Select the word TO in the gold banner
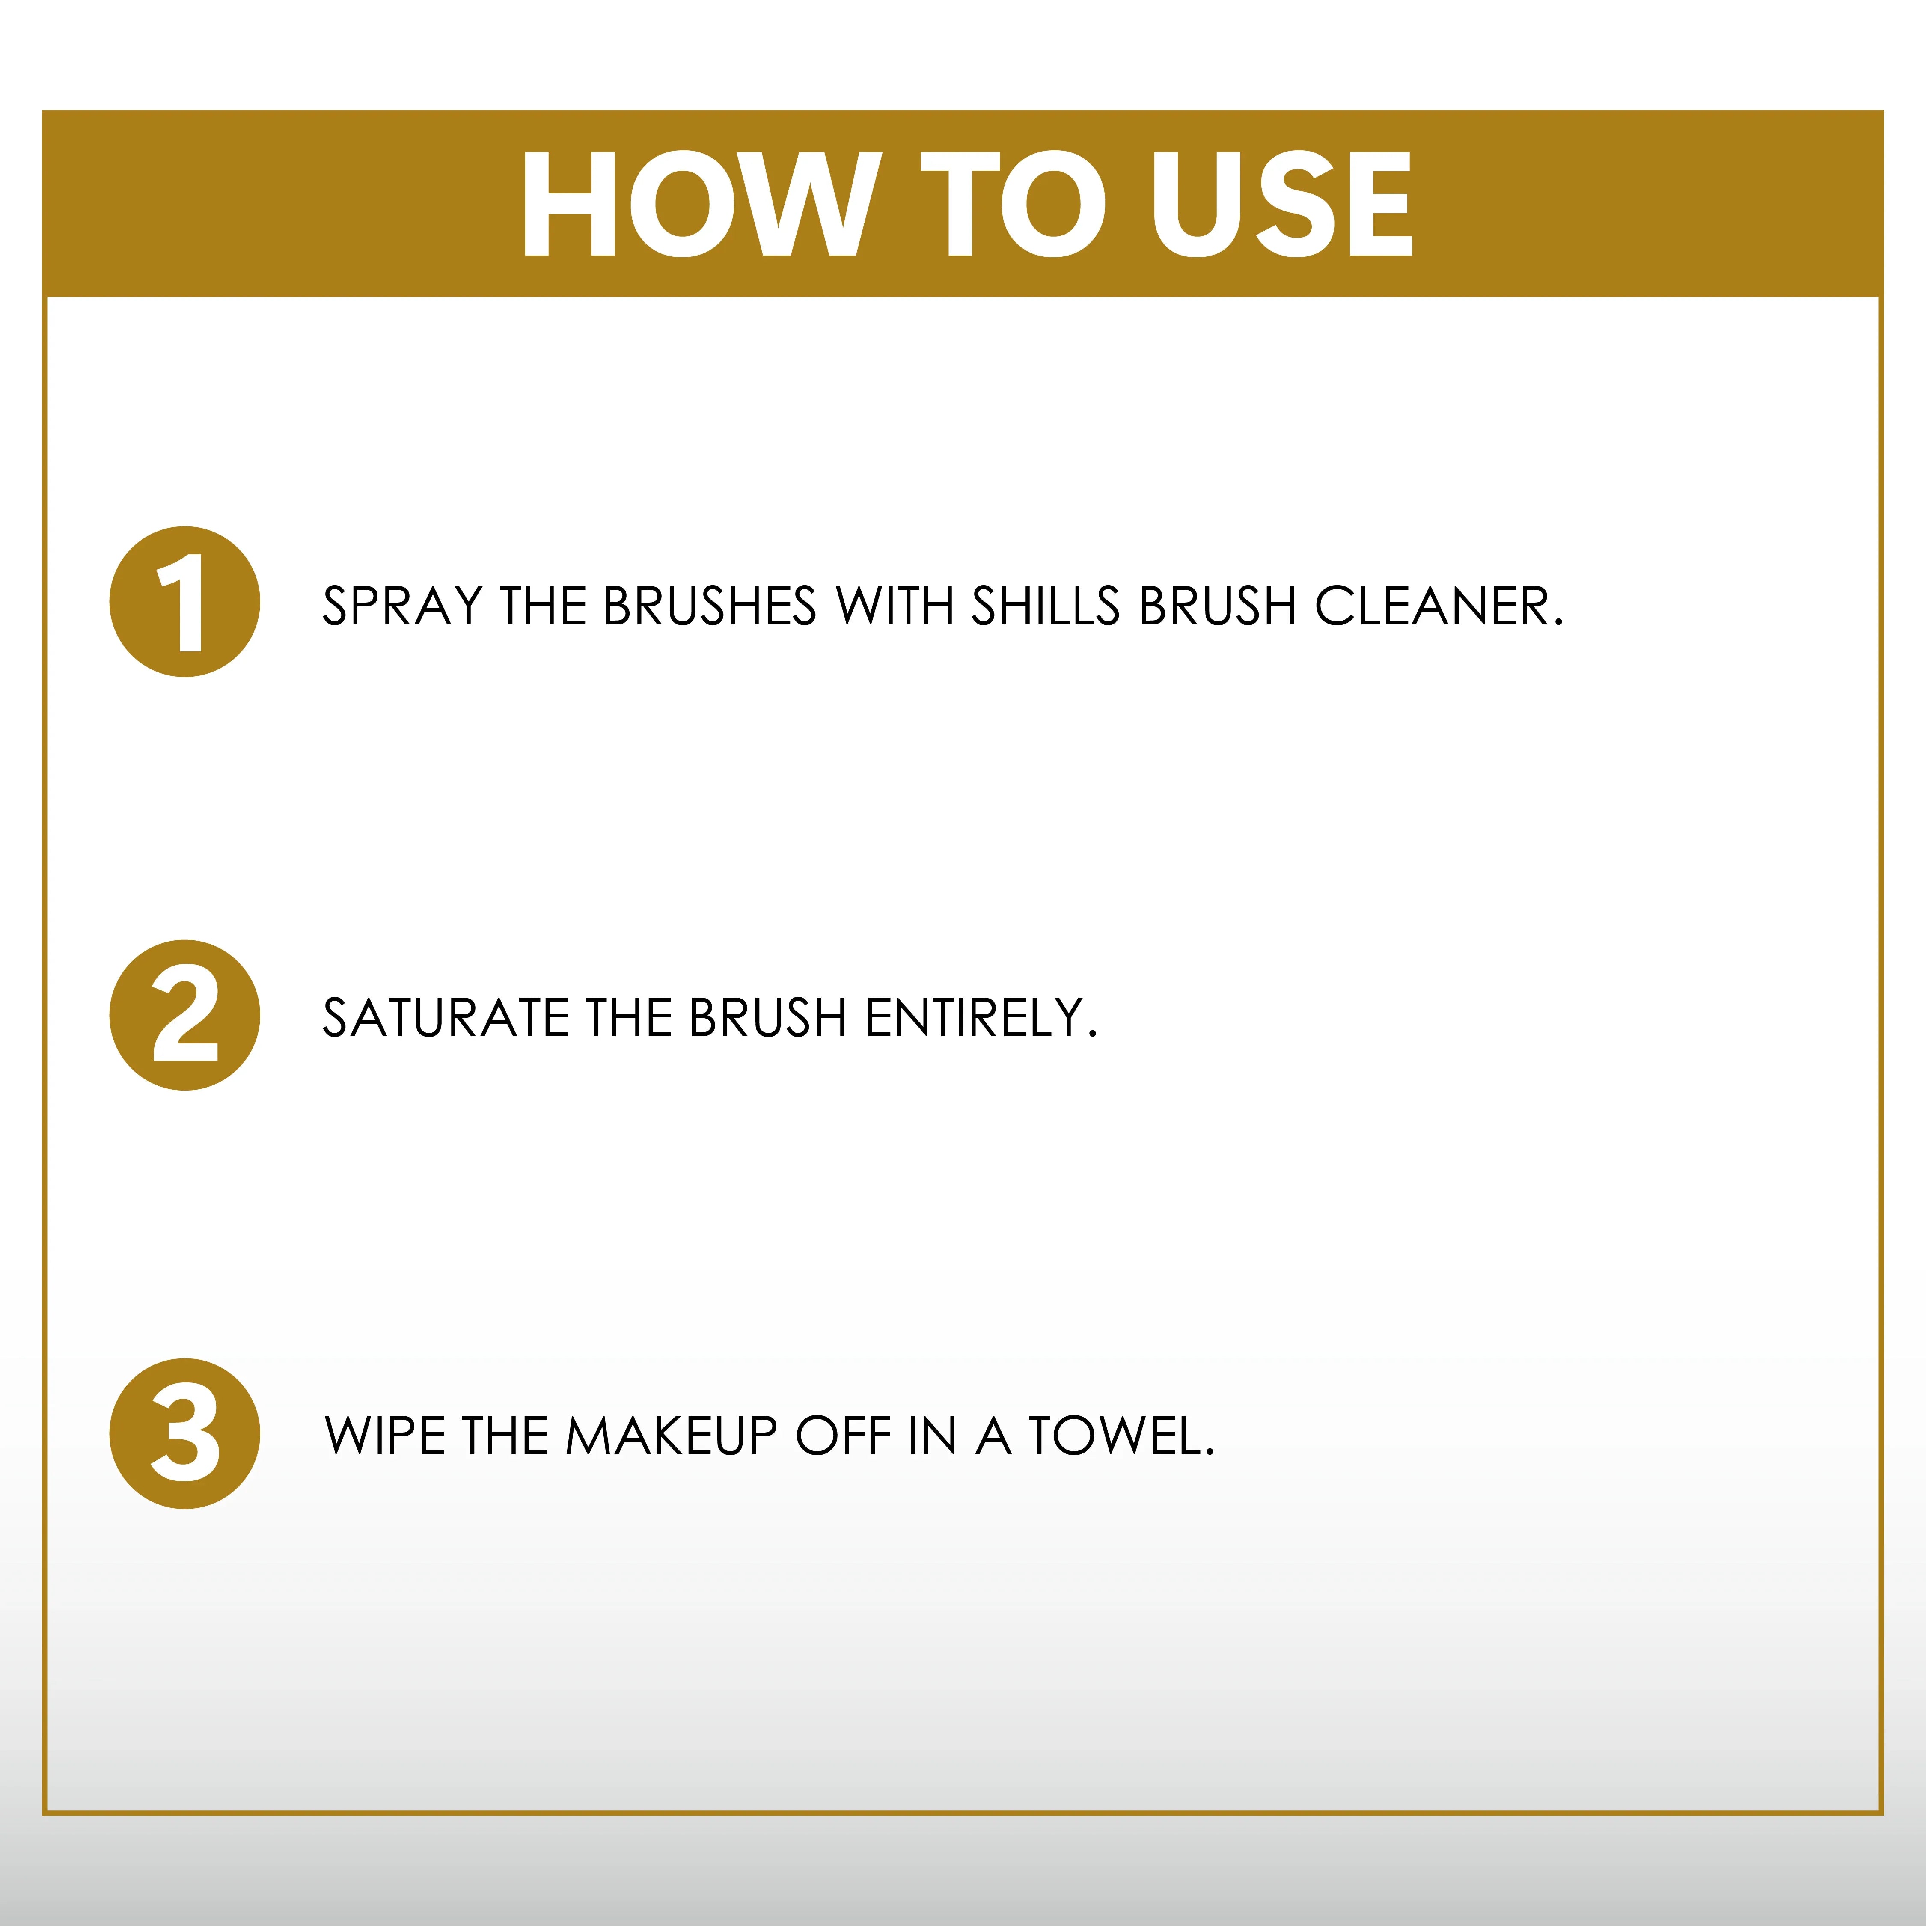pyautogui.click(x=1012, y=204)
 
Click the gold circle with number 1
pyautogui.click(x=184, y=602)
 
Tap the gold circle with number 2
pyautogui.click(x=184, y=1015)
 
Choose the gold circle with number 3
pyautogui.click(x=184, y=1433)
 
